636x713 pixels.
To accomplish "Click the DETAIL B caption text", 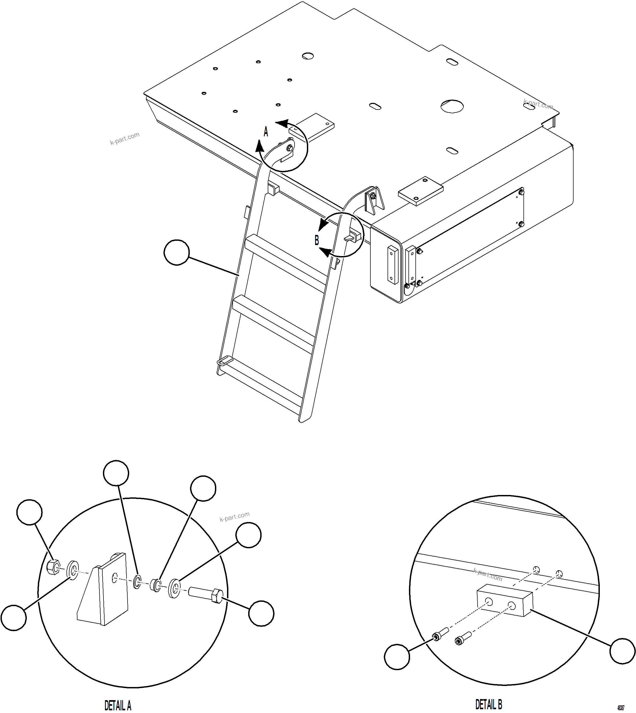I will (x=489, y=704).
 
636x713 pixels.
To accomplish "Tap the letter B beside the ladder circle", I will (x=317, y=240).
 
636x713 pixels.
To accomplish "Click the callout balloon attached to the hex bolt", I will (x=261, y=613).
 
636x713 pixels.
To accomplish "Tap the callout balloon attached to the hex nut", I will (x=29, y=512).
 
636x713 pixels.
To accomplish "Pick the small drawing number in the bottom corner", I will (x=621, y=708).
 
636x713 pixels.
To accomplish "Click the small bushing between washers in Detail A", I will (x=155, y=585).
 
